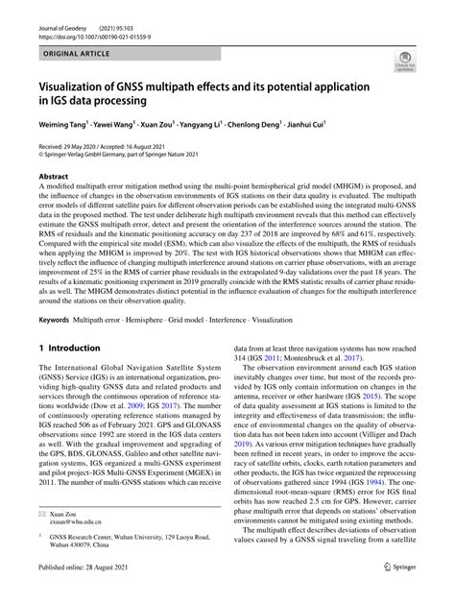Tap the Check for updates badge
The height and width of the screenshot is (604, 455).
(403, 62)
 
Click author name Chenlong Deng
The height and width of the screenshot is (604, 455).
(278, 125)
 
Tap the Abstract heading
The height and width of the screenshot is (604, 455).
(54, 178)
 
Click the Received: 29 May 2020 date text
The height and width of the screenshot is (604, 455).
(76, 145)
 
